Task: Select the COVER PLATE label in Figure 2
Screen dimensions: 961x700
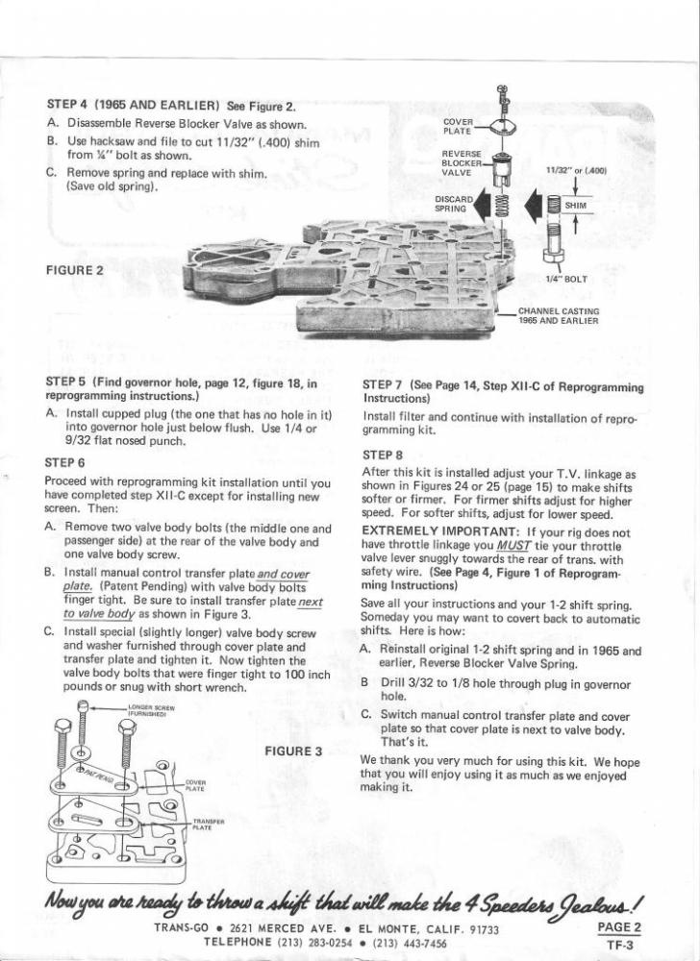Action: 458,126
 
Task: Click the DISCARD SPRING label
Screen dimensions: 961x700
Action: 450,204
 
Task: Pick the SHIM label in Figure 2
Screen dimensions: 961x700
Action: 575,206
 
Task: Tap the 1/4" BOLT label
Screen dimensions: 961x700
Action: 565,279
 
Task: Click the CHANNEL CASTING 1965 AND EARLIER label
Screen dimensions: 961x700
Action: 559,315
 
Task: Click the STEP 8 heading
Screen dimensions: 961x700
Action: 383,455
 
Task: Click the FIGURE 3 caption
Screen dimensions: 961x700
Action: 291,751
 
